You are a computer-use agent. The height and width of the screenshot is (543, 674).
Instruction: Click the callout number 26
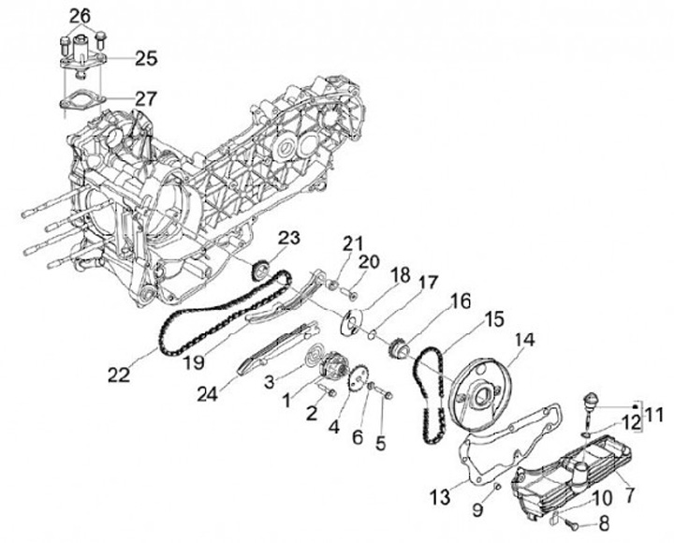coord(81,15)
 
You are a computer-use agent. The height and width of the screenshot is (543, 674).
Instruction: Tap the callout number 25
coord(146,58)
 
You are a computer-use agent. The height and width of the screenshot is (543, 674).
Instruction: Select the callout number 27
coord(146,97)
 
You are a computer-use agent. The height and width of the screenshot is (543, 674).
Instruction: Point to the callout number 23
coord(288,238)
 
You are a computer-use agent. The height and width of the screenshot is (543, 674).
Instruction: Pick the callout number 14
coord(520,341)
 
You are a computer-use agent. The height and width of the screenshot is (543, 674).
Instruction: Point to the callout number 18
coord(401,274)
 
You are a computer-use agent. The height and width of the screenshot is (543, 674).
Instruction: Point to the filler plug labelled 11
coord(591,403)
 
